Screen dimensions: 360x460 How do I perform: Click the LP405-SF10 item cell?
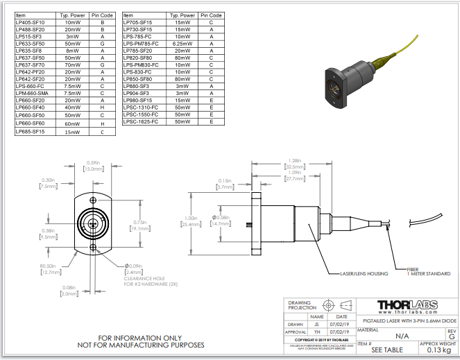tap(30, 22)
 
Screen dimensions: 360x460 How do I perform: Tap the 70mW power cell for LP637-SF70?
tap(72, 65)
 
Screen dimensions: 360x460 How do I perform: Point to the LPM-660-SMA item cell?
tap(32, 94)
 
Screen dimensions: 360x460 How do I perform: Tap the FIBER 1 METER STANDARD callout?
tap(429, 272)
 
